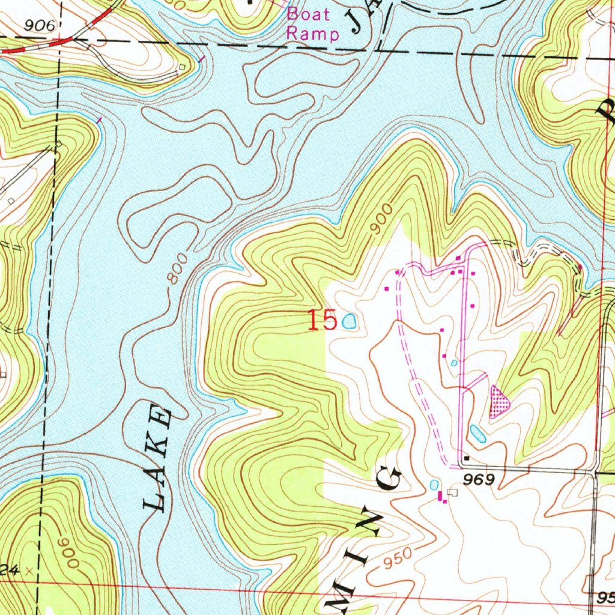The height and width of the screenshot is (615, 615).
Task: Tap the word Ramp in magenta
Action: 312,33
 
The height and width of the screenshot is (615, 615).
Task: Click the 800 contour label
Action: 179,267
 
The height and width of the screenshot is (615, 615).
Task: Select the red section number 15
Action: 322,320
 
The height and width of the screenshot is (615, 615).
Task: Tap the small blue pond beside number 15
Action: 349,322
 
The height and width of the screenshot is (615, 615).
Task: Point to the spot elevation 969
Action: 478,479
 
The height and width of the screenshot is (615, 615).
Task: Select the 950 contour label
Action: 398,559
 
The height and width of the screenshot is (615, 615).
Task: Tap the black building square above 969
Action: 467,459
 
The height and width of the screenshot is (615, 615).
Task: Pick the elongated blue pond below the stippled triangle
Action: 477,432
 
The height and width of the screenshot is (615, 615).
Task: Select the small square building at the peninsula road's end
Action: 181,66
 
